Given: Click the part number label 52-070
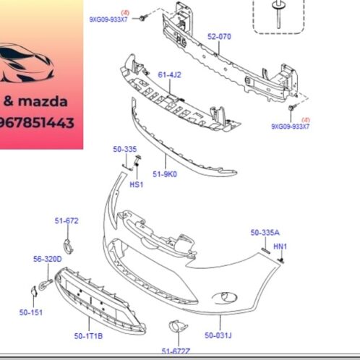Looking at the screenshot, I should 219,36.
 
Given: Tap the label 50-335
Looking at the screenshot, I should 124,149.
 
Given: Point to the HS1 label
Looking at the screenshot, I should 136,184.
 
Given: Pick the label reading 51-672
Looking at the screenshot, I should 66,220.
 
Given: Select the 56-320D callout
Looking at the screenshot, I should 47,258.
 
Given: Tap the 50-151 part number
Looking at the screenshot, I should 31,312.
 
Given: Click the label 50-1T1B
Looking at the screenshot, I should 87,336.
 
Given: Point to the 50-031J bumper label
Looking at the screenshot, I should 218,335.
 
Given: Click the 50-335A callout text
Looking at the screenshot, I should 265,232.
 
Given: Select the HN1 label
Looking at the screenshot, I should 280,247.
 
